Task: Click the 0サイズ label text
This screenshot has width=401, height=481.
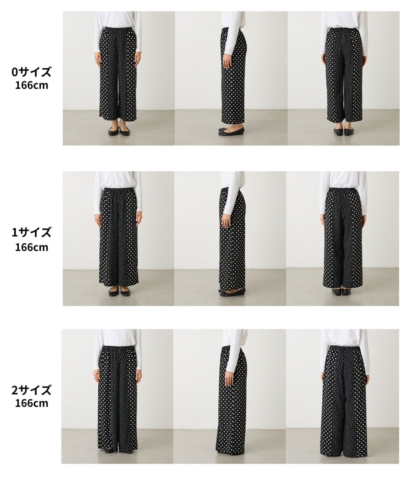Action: tap(31, 72)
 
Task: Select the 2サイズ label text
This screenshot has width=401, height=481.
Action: tap(31, 390)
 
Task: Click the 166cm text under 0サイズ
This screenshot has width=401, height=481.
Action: tap(32, 86)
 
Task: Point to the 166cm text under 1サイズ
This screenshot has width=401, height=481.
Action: tap(32, 247)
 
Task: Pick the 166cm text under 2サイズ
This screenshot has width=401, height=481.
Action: tap(32, 403)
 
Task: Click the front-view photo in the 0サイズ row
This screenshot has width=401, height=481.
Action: tap(119, 78)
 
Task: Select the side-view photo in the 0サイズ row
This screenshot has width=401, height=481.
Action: tap(231, 78)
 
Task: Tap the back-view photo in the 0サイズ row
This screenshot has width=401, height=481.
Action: tap(344, 78)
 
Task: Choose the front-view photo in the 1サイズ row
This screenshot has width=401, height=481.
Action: tap(118, 238)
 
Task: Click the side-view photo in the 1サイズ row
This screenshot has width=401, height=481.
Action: tap(230, 238)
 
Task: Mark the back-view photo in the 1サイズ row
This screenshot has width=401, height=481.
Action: tap(343, 238)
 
